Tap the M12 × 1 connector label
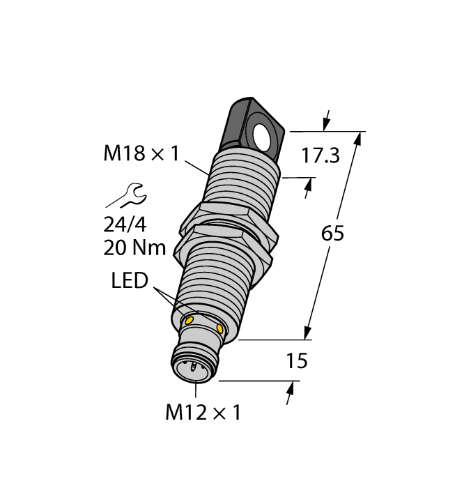[x=203, y=413]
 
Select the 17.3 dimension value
[x=320, y=155]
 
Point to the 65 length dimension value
[x=333, y=234]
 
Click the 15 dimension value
[x=298, y=361]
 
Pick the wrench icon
[x=125, y=196]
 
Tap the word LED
[x=130, y=281]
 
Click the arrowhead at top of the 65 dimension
[x=359, y=139]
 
